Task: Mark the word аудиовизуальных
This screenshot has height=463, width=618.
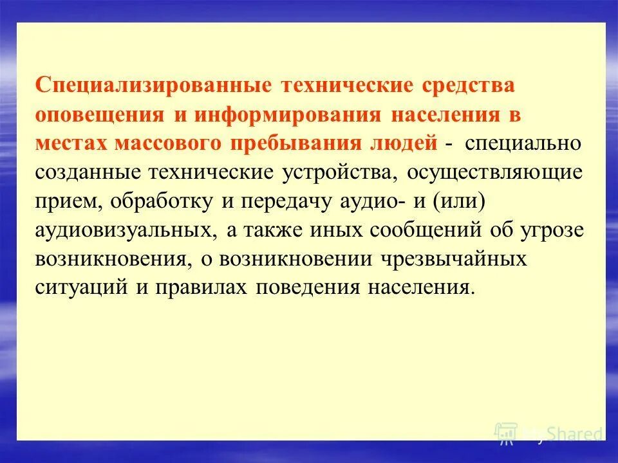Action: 124,231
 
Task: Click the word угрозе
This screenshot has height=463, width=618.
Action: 553,231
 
